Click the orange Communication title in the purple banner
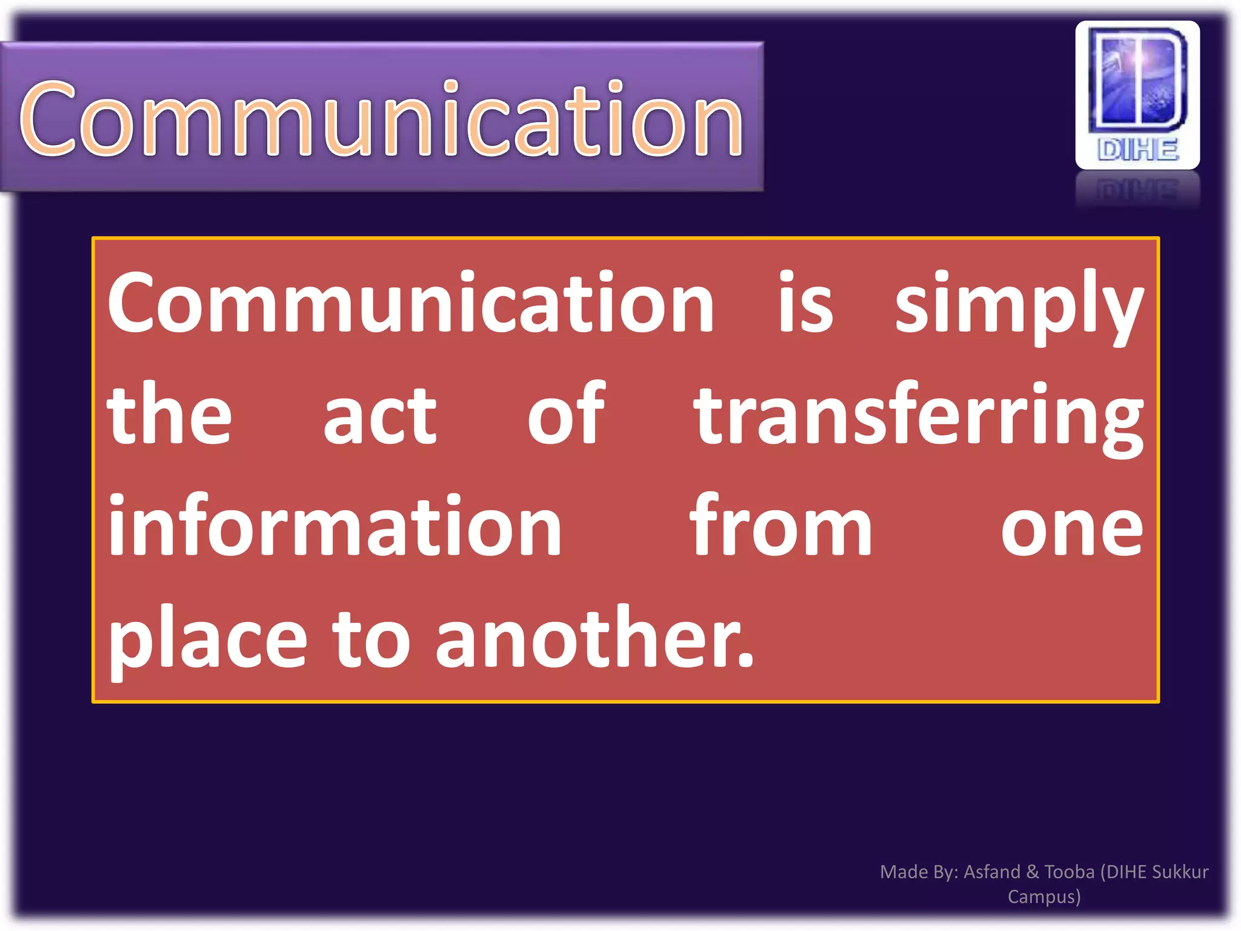(382, 118)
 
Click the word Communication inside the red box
(411, 303)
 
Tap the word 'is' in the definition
(805, 303)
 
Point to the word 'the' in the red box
(169, 415)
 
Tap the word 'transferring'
(919, 418)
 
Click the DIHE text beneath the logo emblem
(1137, 150)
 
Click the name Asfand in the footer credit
(991, 872)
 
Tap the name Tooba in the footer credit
(1070, 872)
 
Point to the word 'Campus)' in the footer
(1044, 896)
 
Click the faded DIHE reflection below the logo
(1137, 191)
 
